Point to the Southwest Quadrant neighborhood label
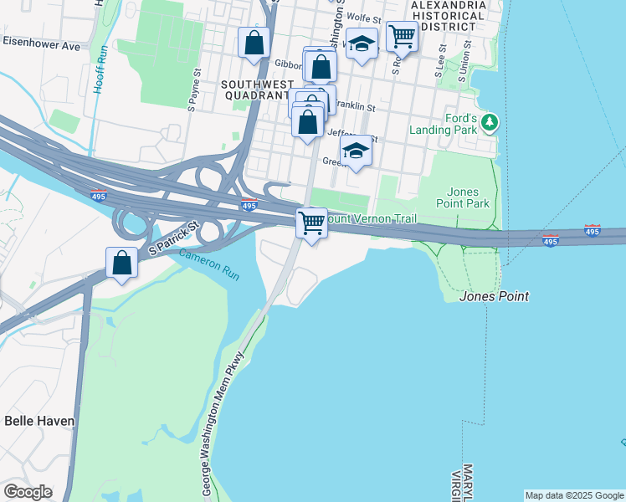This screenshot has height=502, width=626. (257, 90)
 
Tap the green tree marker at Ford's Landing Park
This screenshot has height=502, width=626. (490, 125)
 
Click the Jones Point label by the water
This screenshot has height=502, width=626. (494, 296)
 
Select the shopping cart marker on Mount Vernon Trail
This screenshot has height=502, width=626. (311, 223)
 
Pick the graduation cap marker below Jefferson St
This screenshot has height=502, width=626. (356, 151)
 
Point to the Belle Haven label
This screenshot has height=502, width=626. (38, 420)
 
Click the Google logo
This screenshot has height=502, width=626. (28, 492)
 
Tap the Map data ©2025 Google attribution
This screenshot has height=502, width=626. (574, 495)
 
